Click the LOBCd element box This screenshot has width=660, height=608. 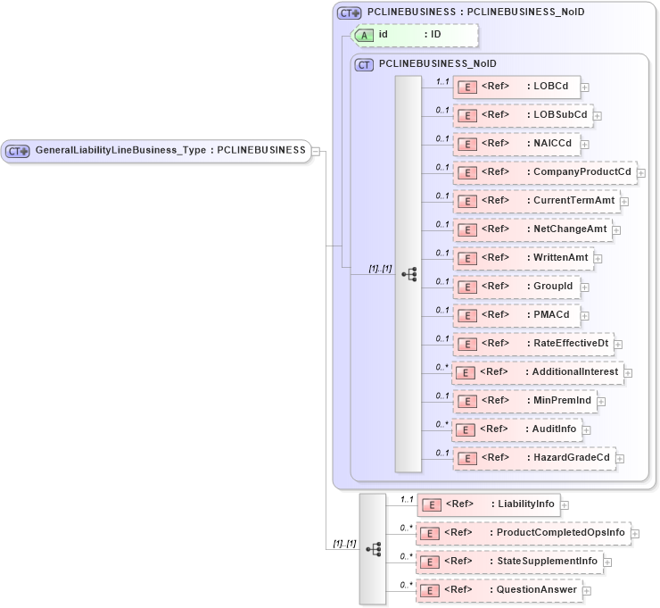tap(516, 87)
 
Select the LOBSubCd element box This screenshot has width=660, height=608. tap(523, 115)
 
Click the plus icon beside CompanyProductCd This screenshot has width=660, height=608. tap(641, 172)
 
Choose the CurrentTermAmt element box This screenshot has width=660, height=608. tap(536, 201)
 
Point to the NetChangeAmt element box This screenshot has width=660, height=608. tap(532, 229)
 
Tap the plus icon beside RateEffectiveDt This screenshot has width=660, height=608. tap(617, 344)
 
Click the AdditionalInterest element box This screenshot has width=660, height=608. tap(537, 372)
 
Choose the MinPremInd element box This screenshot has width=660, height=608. tap(524, 401)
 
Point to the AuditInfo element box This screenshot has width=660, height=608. tap(517, 429)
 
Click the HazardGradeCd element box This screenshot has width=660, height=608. tap(533, 458)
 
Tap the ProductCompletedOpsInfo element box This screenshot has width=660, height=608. tap(524, 533)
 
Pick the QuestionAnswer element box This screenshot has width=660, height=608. tap(499, 590)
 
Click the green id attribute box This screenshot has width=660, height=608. tap(416, 35)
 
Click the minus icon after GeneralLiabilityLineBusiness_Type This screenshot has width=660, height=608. tap(316, 151)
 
